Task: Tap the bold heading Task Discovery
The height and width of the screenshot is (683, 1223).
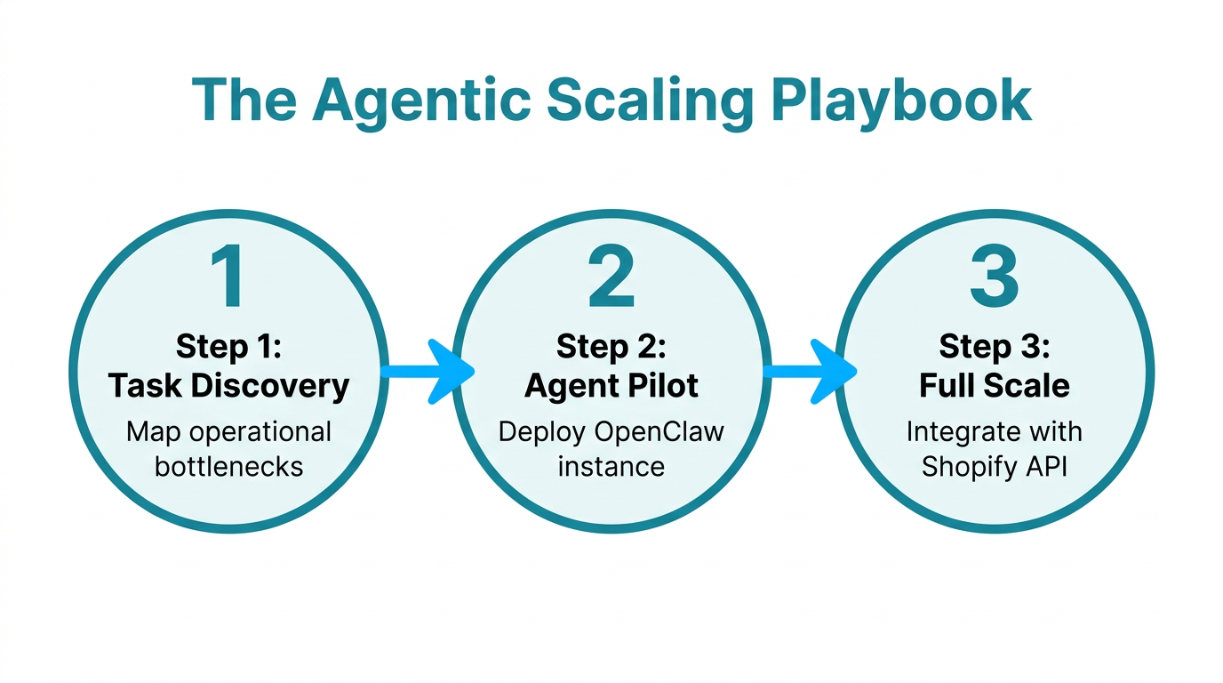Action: [228, 386]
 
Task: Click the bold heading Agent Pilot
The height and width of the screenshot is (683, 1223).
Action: [611, 386]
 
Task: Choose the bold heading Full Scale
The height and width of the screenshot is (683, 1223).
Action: [994, 386]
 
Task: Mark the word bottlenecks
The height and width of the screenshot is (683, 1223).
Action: [228, 466]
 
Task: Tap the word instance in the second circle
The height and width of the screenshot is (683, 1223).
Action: [611, 466]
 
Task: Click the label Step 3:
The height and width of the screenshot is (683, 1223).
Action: [994, 346]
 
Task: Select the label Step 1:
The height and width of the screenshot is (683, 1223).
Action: [228, 346]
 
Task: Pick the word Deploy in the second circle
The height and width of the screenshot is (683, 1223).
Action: [542, 432]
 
